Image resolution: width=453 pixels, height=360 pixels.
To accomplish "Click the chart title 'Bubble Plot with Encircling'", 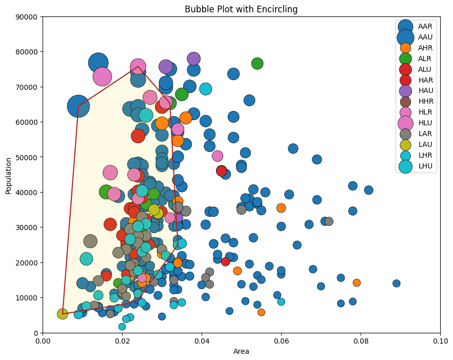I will (241, 9).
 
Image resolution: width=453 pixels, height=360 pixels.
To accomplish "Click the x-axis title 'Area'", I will (241, 352).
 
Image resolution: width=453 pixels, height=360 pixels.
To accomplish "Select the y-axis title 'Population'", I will (9, 175).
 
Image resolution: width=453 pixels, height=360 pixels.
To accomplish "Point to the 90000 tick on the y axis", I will (27, 16).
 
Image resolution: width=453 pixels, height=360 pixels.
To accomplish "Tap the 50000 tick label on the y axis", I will (27, 157).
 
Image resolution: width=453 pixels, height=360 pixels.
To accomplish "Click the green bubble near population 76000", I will (257, 64).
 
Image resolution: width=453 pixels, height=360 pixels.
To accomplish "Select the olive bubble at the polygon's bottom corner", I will (63, 314).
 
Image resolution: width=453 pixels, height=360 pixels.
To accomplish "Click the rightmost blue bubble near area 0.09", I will (396, 283).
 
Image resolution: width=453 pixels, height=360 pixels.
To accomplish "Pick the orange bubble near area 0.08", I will (357, 282).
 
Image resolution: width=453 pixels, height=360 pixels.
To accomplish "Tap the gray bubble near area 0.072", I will (329, 221).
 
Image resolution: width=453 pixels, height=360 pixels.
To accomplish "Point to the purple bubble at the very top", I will (193, 59).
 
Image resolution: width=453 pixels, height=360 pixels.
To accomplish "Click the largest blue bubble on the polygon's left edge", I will (78, 106).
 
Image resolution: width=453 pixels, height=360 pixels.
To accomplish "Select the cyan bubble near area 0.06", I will (281, 301).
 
